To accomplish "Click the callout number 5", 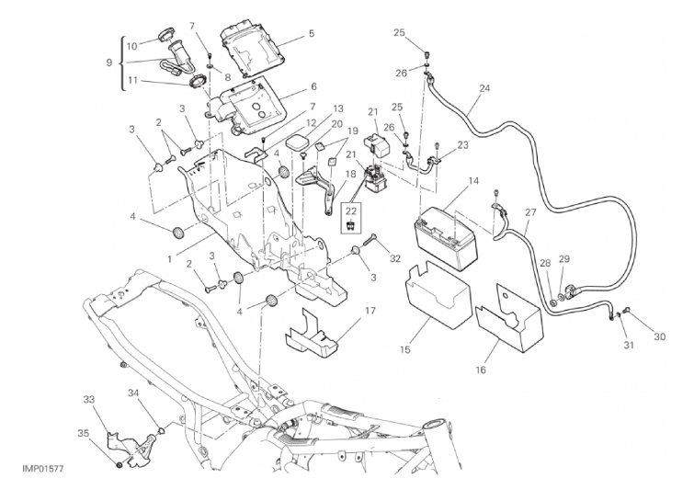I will tap(311, 34).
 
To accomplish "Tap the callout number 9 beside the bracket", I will tap(109, 63).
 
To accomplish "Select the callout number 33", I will tap(89, 400).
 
